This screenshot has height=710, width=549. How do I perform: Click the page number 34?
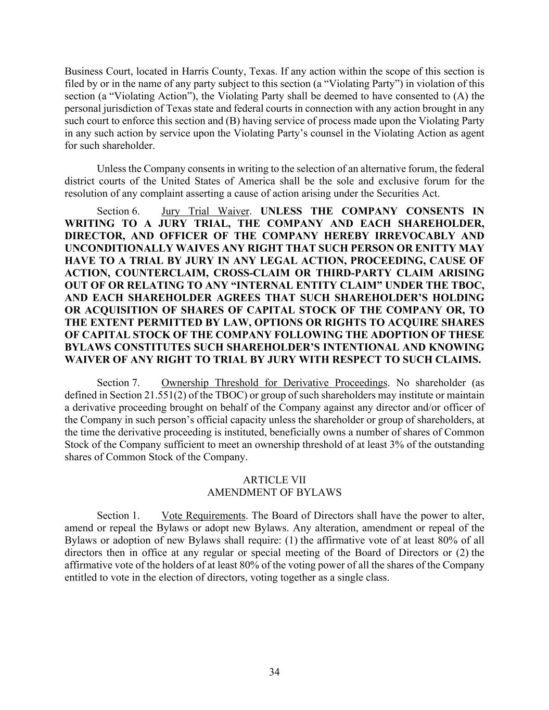pyautogui.click(x=274, y=672)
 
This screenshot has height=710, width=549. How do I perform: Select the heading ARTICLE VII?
pyautogui.click(x=274, y=480)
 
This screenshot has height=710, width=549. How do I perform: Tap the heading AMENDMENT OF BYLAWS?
pyautogui.click(x=274, y=492)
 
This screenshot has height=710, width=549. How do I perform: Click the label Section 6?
pyautogui.click(x=118, y=211)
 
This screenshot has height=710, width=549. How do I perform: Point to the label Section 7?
pyautogui.click(x=118, y=383)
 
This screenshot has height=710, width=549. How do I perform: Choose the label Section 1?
pyautogui.click(x=118, y=516)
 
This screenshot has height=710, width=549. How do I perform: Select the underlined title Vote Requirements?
pyautogui.click(x=203, y=516)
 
